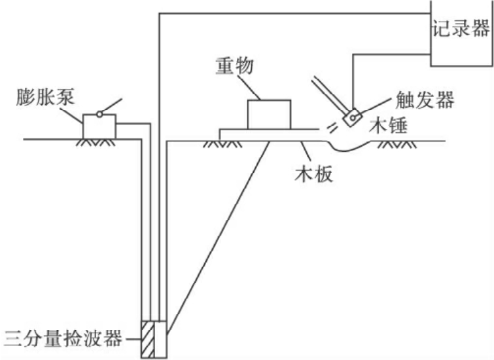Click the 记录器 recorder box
pyautogui.click(x=461, y=33)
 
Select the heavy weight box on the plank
pyautogui.click(x=268, y=115)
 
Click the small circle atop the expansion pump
pyautogui.click(x=99, y=114)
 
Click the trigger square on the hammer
pyautogui.click(x=354, y=117)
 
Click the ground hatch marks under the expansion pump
pyautogui.click(x=99, y=142)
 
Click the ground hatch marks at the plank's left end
pyautogui.click(x=217, y=143)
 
